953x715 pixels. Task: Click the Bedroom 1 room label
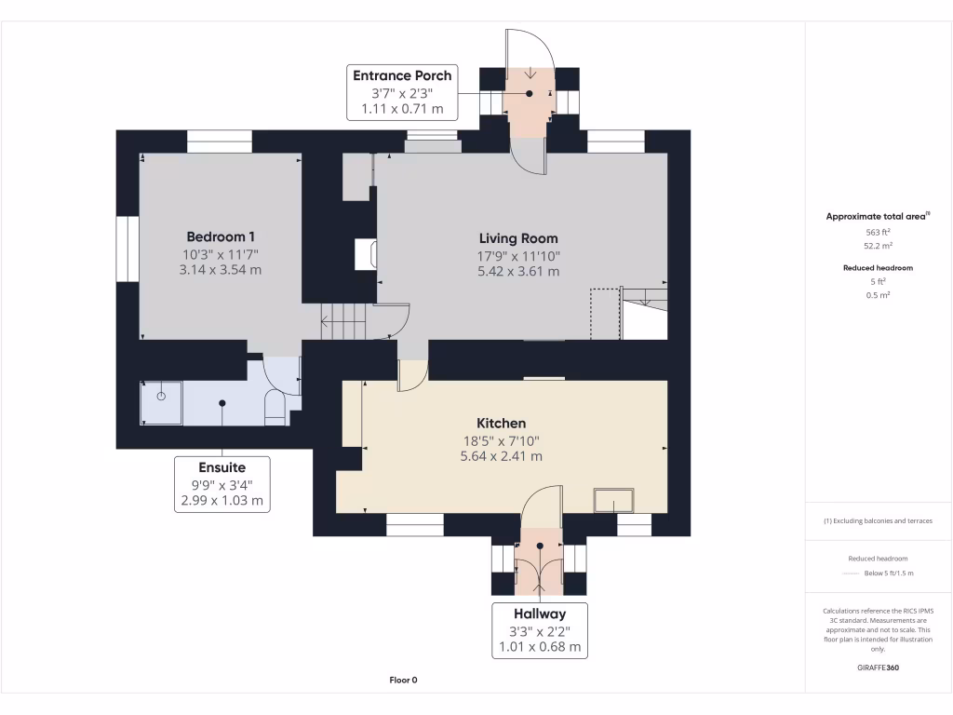click(221, 236)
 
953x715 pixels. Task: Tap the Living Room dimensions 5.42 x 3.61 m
click(519, 272)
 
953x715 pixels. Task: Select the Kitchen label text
click(502, 423)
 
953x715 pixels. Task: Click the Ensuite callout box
click(221, 483)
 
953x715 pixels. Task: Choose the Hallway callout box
click(540, 630)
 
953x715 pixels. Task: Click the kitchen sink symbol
click(613, 501)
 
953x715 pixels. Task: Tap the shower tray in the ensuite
click(161, 402)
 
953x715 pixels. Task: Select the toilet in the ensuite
click(275, 409)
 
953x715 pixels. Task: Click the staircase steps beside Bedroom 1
click(344, 322)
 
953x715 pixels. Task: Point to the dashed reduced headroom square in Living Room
click(605, 315)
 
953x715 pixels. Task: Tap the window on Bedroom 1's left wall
click(127, 249)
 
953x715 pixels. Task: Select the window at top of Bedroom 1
click(220, 142)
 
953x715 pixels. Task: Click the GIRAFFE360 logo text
click(878, 668)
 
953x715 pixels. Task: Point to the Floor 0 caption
click(403, 680)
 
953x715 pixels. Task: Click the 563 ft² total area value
click(878, 232)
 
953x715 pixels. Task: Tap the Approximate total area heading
click(878, 216)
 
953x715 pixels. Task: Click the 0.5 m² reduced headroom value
click(878, 295)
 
